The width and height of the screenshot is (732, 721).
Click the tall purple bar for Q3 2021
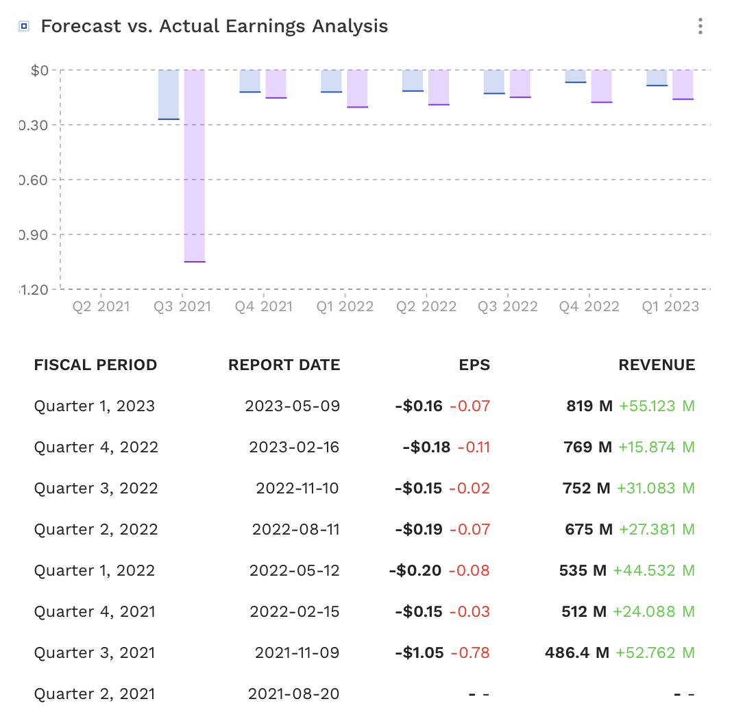(x=195, y=166)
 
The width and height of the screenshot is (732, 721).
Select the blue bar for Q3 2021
(x=169, y=95)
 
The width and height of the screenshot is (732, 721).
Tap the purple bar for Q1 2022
(x=357, y=88)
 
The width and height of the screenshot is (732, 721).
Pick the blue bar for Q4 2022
(x=576, y=76)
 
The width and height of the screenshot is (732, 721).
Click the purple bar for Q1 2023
(x=683, y=85)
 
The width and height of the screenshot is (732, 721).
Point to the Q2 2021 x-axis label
(x=101, y=306)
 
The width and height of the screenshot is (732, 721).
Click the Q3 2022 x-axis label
(x=508, y=306)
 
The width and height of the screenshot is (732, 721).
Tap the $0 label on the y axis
(x=40, y=70)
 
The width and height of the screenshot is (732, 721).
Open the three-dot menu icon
(x=700, y=27)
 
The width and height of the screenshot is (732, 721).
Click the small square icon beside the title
(x=24, y=27)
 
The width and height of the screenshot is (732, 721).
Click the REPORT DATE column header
(x=284, y=365)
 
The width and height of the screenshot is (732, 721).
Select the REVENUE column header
(x=657, y=365)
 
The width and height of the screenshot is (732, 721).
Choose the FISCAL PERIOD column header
(x=95, y=365)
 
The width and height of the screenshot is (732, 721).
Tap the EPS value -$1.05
(x=419, y=653)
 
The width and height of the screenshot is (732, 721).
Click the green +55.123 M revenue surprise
(x=657, y=406)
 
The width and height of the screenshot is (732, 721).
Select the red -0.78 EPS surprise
(x=469, y=653)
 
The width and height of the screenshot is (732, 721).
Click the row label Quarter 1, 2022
(x=95, y=571)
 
